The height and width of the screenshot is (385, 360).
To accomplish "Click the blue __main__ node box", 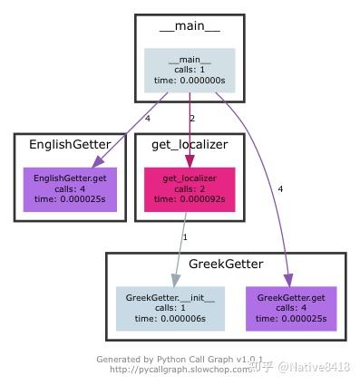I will (x=190, y=70).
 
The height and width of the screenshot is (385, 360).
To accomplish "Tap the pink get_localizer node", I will (x=190, y=189).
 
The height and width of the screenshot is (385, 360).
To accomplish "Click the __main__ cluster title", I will (x=190, y=26).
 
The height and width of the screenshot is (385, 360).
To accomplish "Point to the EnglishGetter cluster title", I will (x=70, y=144).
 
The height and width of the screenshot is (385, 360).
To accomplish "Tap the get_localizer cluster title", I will (x=190, y=144).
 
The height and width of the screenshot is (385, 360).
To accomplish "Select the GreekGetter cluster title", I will (x=226, y=265).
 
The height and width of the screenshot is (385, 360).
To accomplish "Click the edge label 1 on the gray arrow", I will (x=185, y=236).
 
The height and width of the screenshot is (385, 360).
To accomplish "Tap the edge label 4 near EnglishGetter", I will (x=147, y=118).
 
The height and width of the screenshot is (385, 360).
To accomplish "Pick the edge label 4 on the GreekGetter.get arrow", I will (x=280, y=188).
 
